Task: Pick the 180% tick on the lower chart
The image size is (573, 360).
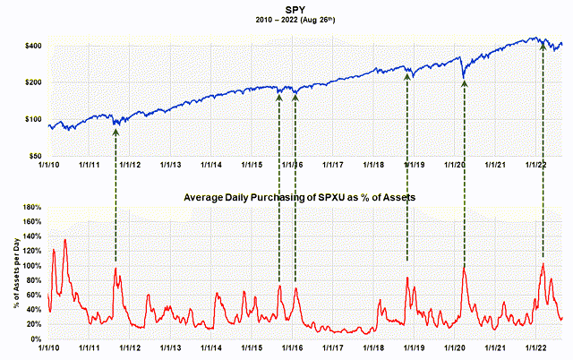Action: [x=31, y=208]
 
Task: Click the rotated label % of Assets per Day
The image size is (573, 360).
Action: [x=12, y=273]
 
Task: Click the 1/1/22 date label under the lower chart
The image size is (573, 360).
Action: [x=536, y=349]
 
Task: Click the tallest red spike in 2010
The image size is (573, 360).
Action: [x=64, y=240]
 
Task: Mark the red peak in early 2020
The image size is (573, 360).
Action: [x=464, y=265]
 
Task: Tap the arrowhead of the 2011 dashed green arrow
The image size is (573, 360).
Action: [x=115, y=131]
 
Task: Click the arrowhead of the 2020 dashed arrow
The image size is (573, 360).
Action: [x=464, y=83]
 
